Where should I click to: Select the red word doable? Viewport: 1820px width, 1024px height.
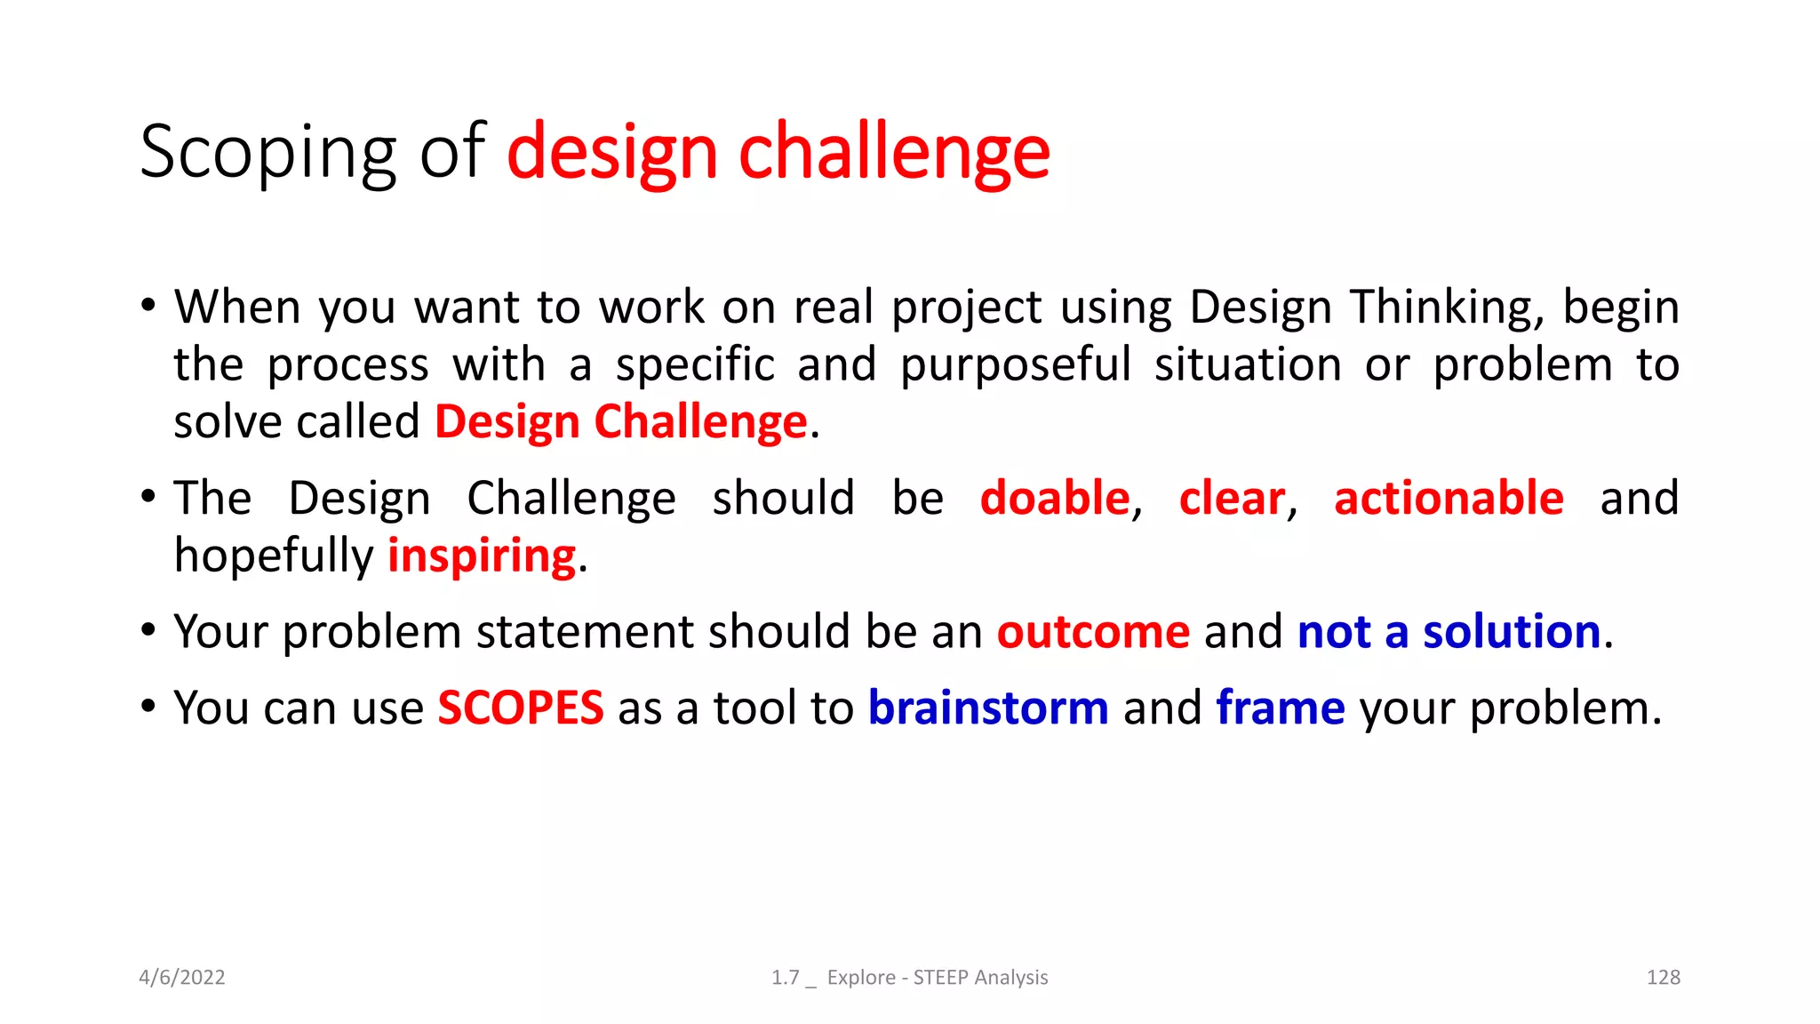[1054, 498]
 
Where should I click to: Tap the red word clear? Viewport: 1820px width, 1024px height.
[1232, 498]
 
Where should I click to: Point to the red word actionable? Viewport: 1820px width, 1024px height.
[1449, 498]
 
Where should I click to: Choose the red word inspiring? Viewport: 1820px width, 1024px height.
[482, 556]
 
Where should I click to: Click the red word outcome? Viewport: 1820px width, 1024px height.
[1093, 632]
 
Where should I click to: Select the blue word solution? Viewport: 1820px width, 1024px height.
[1512, 632]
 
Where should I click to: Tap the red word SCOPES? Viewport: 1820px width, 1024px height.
[520, 708]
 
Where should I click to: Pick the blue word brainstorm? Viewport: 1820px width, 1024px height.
[988, 708]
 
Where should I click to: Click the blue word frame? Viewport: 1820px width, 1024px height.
[1281, 708]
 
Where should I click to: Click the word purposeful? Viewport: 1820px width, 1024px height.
[1016, 365]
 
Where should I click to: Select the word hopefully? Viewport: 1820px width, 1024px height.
[274, 556]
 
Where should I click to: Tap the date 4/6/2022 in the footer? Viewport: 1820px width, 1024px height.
[182, 978]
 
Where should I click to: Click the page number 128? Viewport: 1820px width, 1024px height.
[1663, 978]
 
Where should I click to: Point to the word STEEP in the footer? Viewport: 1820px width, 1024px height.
[940, 978]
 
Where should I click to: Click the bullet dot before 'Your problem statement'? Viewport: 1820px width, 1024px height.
[148, 630]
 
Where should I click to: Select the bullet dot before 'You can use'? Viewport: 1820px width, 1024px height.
[148, 707]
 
